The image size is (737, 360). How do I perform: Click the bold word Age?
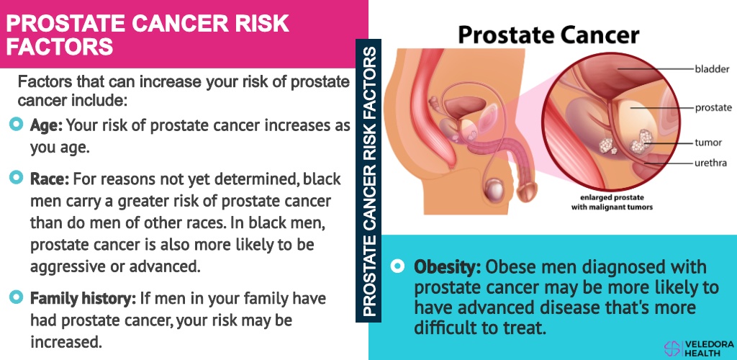[46, 125]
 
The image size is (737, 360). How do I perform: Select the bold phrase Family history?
[83, 298]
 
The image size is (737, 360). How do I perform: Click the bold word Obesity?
[448, 267]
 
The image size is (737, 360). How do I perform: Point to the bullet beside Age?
[16, 124]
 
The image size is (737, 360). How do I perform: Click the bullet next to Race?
[16, 177]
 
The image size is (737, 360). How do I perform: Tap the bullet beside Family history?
[16, 297]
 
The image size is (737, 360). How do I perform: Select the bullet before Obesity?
[397, 266]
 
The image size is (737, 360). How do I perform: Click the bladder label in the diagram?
[712, 69]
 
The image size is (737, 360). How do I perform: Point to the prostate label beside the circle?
[713, 107]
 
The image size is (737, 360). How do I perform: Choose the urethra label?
[711, 163]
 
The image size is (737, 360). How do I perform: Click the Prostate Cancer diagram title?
[548, 35]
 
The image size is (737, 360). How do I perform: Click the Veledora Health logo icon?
[672, 348]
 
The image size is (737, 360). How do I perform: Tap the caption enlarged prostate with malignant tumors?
[612, 202]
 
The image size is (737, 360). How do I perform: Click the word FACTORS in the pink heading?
[60, 47]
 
